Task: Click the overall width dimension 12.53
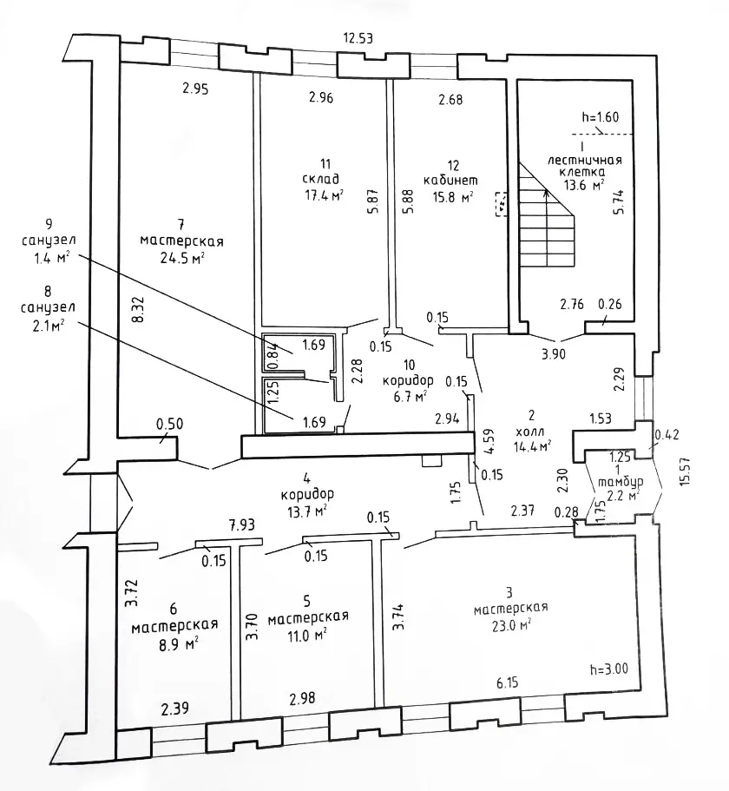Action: [x=358, y=38]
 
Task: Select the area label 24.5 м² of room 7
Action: [x=182, y=259]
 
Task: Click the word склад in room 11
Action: [x=320, y=179]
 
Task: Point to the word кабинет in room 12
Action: [x=450, y=180]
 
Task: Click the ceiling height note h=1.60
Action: [x=601, y=117]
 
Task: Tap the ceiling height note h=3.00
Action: [x=609, y=669]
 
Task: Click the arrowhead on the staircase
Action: [x=545, y=192]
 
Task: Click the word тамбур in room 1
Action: [x=621, y=482]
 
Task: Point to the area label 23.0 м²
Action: [x=512, y=626]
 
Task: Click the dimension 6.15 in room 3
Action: [x=507, y=683]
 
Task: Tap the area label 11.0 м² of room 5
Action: [x=306, y=635]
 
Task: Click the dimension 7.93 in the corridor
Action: [x=242, y=524]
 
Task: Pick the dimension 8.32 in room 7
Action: [x=140, y=309]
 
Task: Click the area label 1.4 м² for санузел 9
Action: [x=51, y=259]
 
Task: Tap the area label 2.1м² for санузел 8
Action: [x=49, y=326]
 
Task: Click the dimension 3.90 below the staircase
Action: [x=554, y=354]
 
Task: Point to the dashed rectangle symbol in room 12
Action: [x=501, y=204]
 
